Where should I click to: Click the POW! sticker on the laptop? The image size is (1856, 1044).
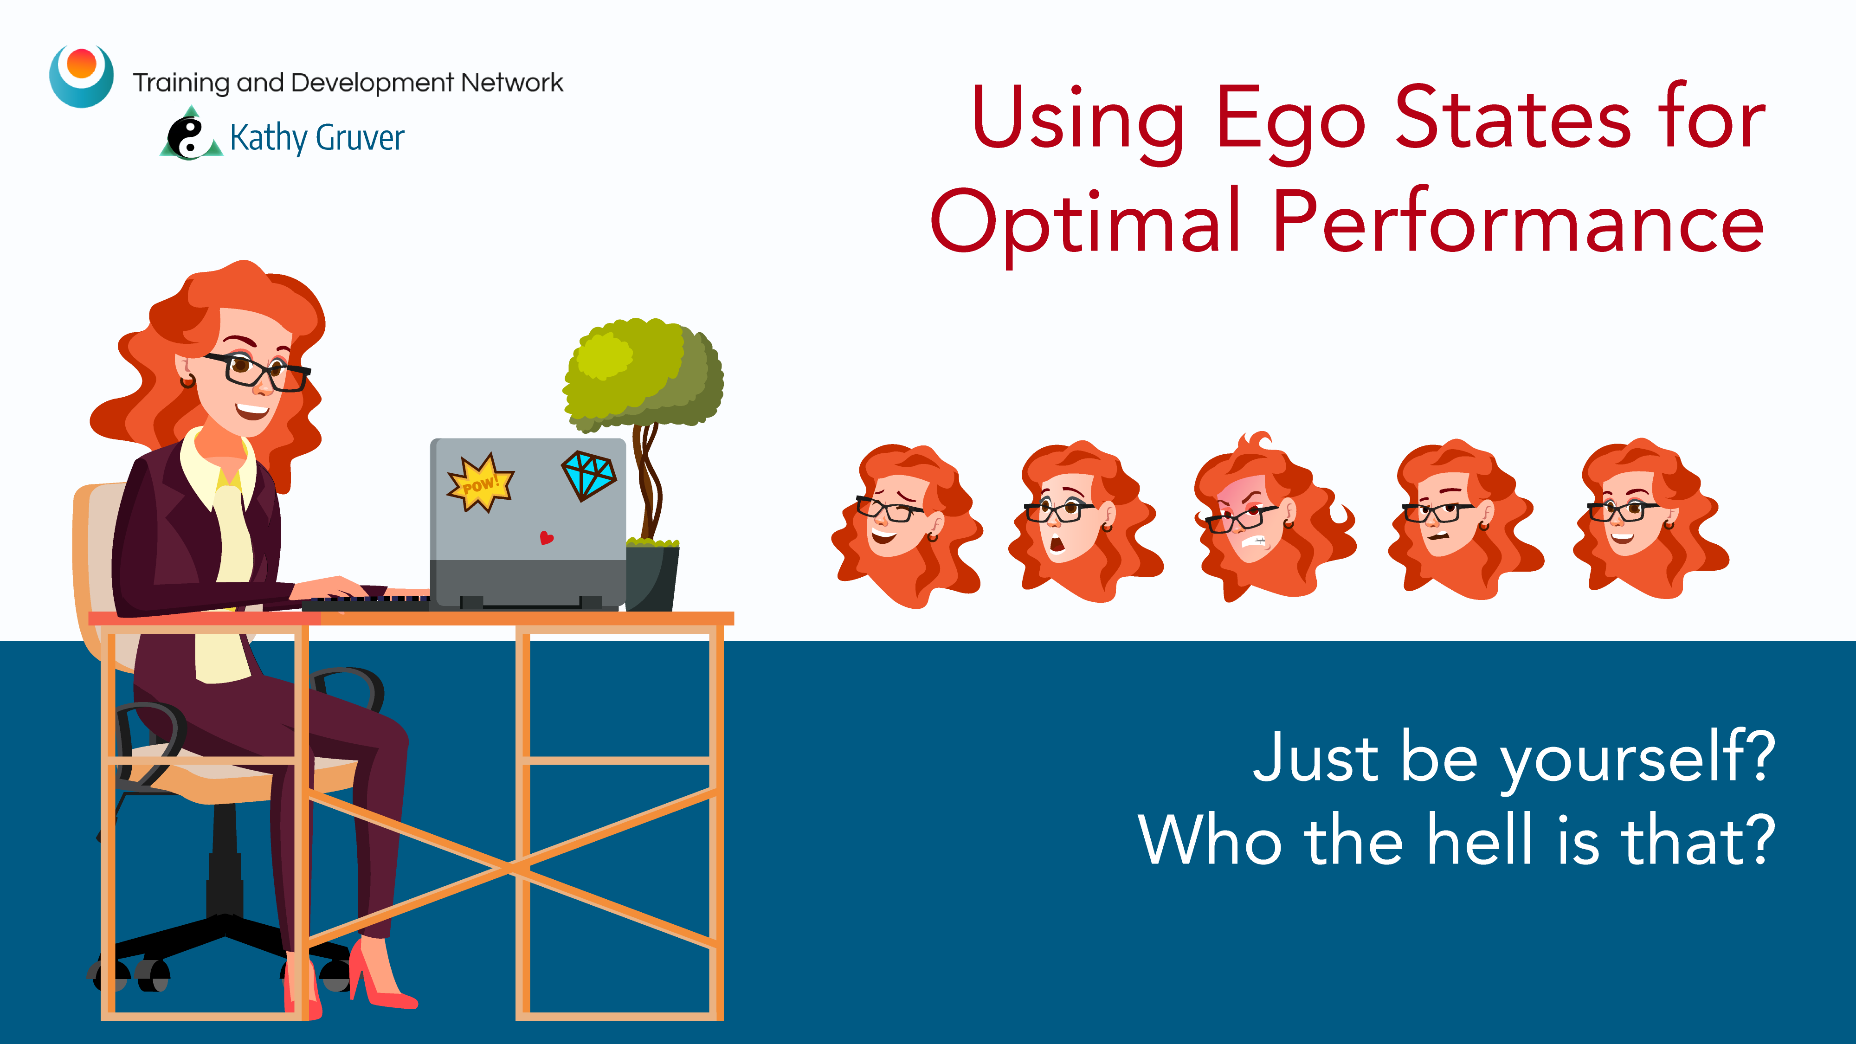pyautogui.click(x=480, y=483)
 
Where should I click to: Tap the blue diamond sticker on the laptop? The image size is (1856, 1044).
pyautogui.click(x=589, y=475)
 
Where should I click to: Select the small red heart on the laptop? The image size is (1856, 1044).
pyautogui.click(x=547, y=537)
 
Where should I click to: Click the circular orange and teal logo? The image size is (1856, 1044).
pyautogui.click(x=81, y=76)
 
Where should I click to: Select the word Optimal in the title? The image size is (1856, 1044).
pyautogui.click(x=1086, y=223)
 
